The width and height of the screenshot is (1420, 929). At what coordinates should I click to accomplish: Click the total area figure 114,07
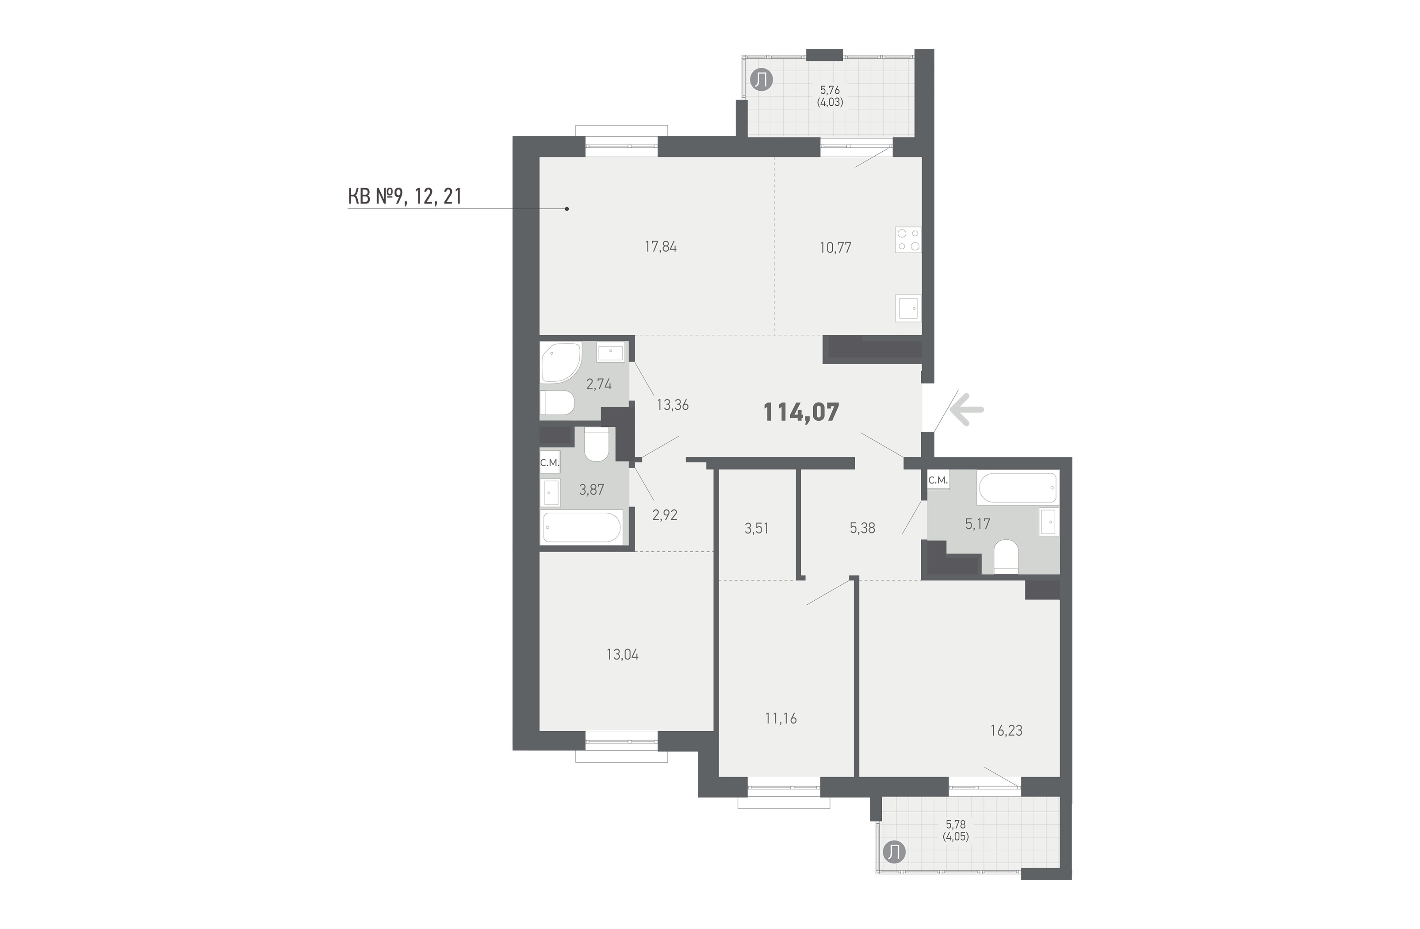[801, 412]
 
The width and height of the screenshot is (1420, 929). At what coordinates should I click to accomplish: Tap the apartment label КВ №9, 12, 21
[405, 196]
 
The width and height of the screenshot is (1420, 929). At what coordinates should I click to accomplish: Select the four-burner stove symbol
[907, 239]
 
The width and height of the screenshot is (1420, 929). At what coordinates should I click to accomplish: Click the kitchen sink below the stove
[908, 308]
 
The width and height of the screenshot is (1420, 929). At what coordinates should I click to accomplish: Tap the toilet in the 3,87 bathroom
[596, 444]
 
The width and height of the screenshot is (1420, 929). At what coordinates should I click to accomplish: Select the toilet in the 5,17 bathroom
[1007, 557]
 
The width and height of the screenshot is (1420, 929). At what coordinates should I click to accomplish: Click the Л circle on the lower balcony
[894, 852]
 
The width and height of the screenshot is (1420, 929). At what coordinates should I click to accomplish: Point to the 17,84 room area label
[661, 246]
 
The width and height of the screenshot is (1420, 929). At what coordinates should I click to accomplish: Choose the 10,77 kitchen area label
[835, 247]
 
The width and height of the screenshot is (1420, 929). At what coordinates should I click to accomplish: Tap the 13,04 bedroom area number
[622, 655]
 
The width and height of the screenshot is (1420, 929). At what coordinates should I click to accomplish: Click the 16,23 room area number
[1007, 730]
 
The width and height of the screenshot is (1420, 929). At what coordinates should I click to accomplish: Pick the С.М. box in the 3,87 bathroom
[132, 462]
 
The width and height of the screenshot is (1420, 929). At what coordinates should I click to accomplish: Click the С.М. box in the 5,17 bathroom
[938, 480]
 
